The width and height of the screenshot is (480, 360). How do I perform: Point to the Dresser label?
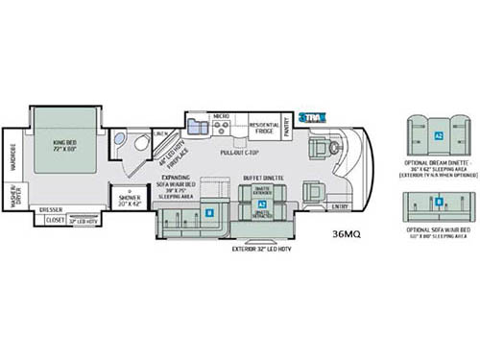tap(50, 207)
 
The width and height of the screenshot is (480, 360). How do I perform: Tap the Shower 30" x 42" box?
tap(128, 200)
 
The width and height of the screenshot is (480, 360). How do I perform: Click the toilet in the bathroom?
tap(140, 145)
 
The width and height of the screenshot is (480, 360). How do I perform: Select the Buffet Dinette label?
tap(261, 178)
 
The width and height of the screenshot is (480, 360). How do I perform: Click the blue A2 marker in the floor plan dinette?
tap(261, 204)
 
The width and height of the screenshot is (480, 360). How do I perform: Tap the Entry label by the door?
tap(340, 205)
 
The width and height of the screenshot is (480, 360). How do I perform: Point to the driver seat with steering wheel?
tap(332, 149)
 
